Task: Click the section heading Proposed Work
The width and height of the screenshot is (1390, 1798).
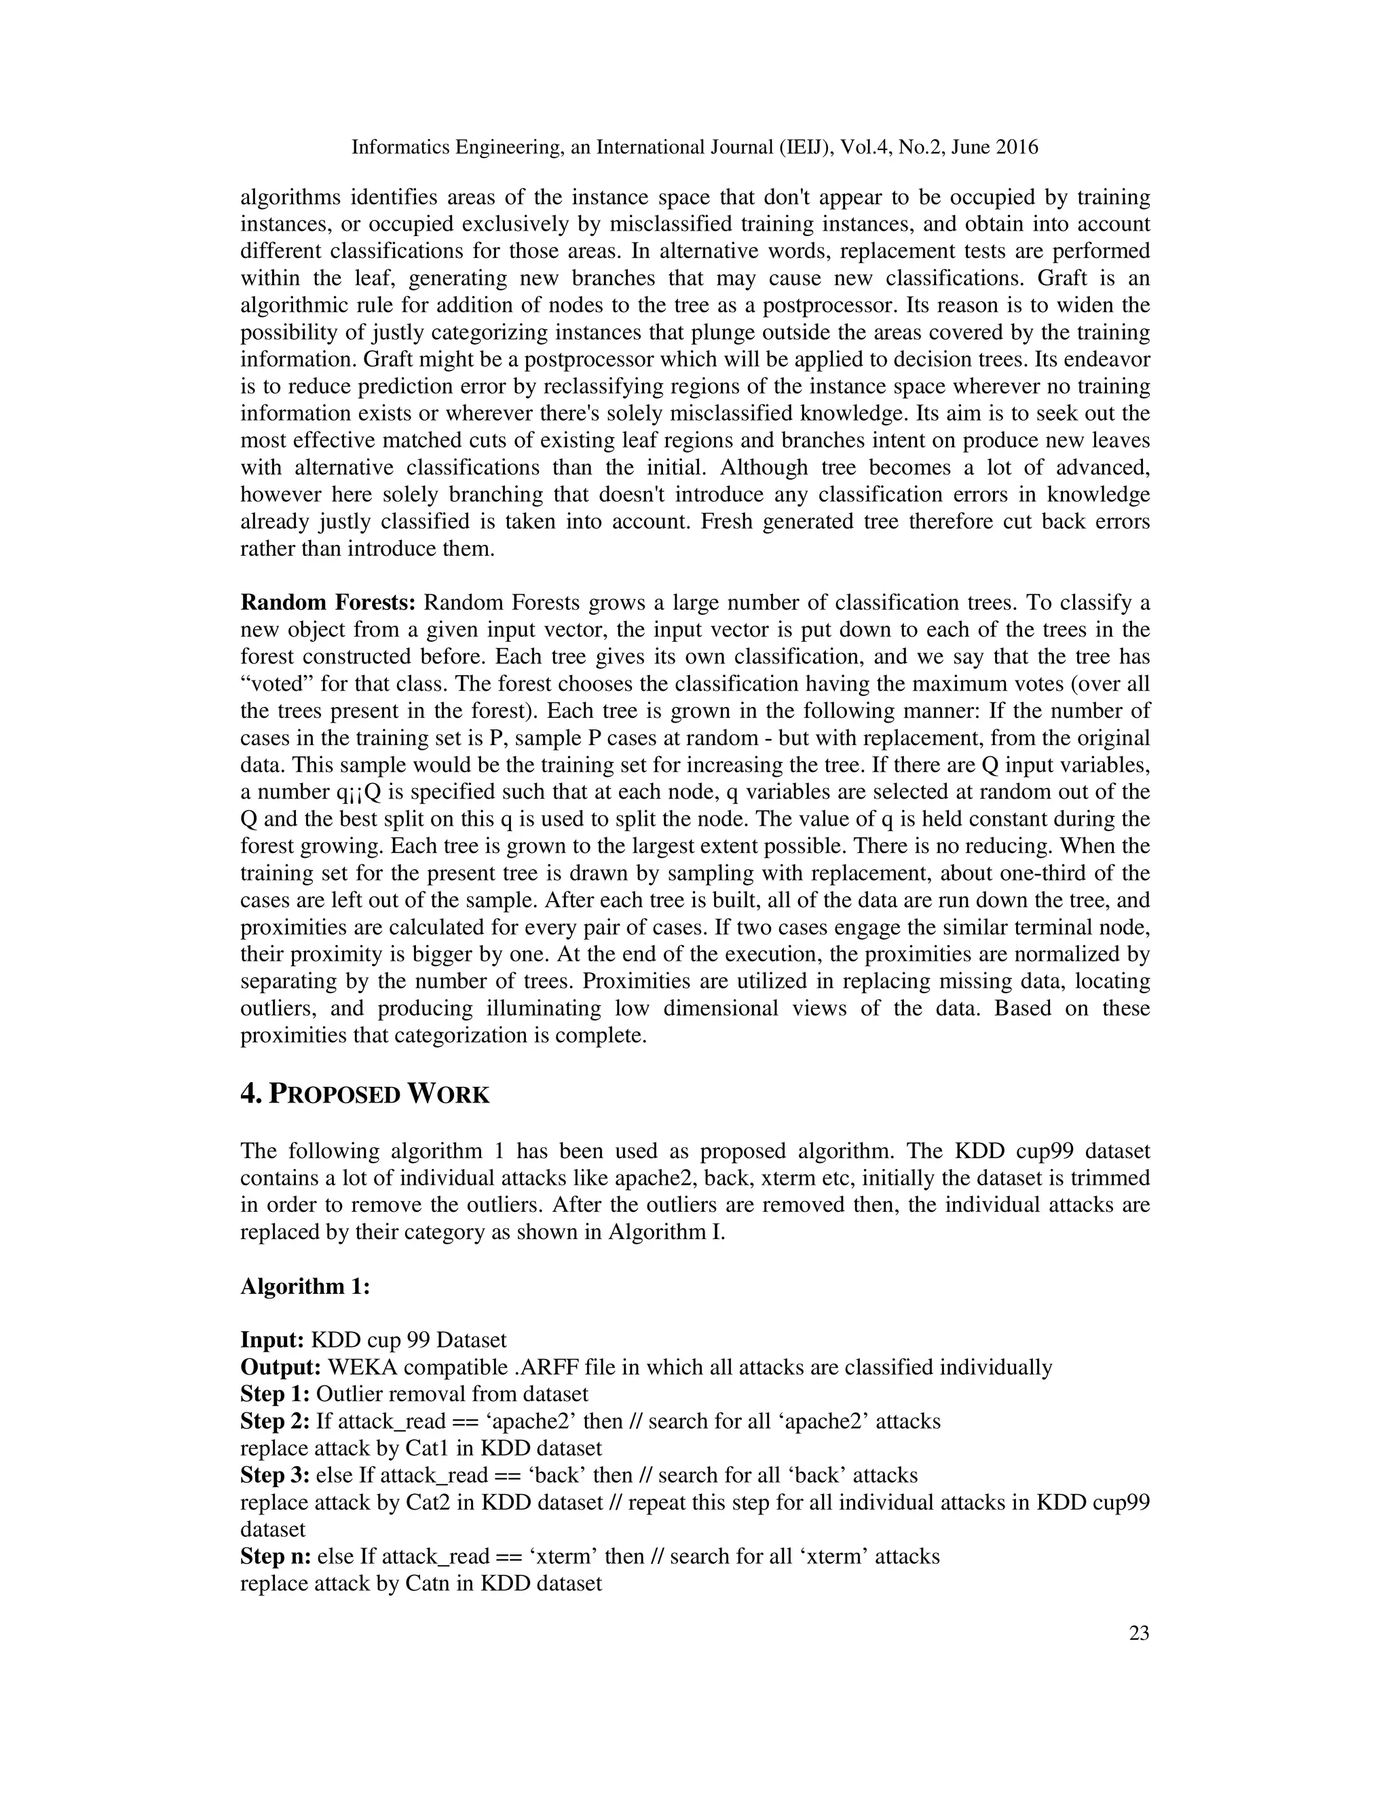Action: click(x=364, y=1094)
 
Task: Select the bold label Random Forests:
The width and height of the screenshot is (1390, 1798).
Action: click(x=328, y=602)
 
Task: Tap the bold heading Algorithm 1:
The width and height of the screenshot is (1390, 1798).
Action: click(x=305, y=1285)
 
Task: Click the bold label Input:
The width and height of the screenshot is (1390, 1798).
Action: click(x=273, y=1339)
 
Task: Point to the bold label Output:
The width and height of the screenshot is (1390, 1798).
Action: click(x=281, y=1366)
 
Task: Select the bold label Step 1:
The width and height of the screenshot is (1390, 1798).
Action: click(x=275, y=1393)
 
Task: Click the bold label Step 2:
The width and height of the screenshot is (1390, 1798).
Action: click(x=275, y=1421)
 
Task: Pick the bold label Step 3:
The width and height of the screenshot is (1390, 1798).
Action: click(x=275, y=1474)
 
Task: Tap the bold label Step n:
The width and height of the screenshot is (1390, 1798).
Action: click(x=275, y=1556)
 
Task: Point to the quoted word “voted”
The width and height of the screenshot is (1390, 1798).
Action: click(x=274, y=683)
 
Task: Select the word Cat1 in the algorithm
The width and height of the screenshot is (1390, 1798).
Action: click(x=428, y=1447)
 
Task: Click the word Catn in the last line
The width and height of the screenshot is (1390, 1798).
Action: click(x=428, y=1583)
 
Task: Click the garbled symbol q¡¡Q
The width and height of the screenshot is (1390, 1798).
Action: click(x=360, y=792)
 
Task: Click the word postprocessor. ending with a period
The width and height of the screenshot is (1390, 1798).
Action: click(x=831, y=305)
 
